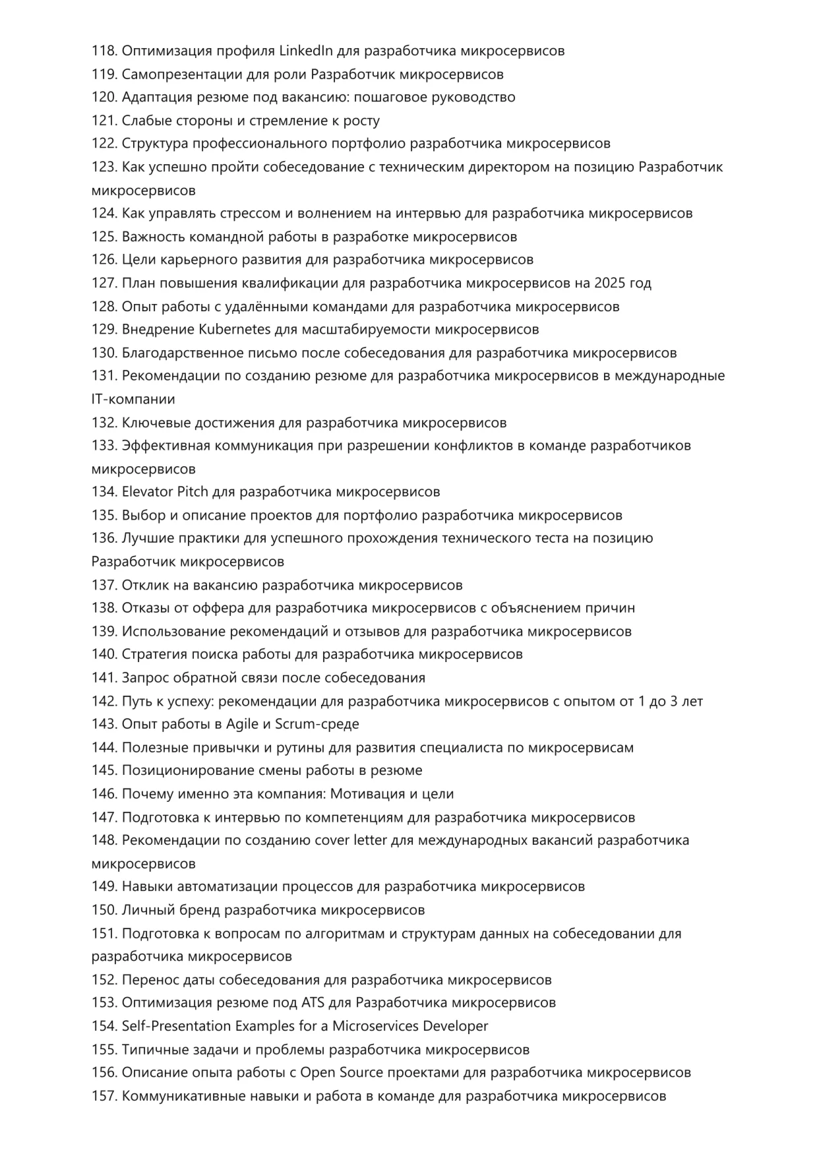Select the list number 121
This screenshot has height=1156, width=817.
pyautogui.click(x=104, y=121)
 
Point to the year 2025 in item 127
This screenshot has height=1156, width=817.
pyautogui.click(x=609, y=283)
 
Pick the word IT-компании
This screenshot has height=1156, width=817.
pyautogui.click(x=133, y=399)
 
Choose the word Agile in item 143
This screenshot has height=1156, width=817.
pyautogui.click(x=243, y=724)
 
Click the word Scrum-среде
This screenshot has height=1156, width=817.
pyautogui.click(x=317, y=724)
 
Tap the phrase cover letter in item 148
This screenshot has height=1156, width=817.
pyautogui.click(x=351, y=840)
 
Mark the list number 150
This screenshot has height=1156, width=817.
pyautogui.click(x=104, y=910)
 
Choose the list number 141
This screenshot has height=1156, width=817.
pyautogui.click(x=104, y=678)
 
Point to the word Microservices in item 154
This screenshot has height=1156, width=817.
pyautogui.click(x=375, y=1026)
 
